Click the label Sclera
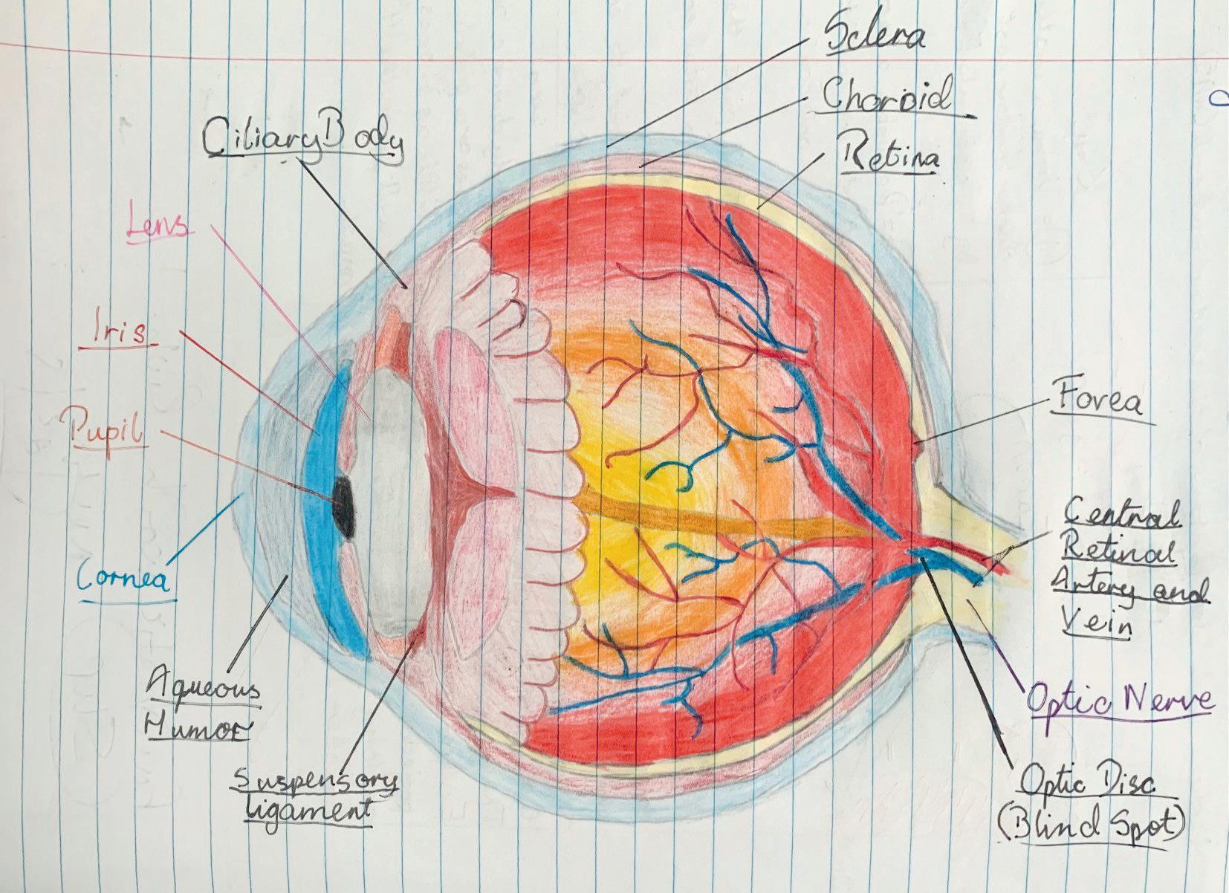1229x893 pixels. [875, 36]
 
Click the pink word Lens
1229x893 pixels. [158, 227]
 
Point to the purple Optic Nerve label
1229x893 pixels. [1120, 699]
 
